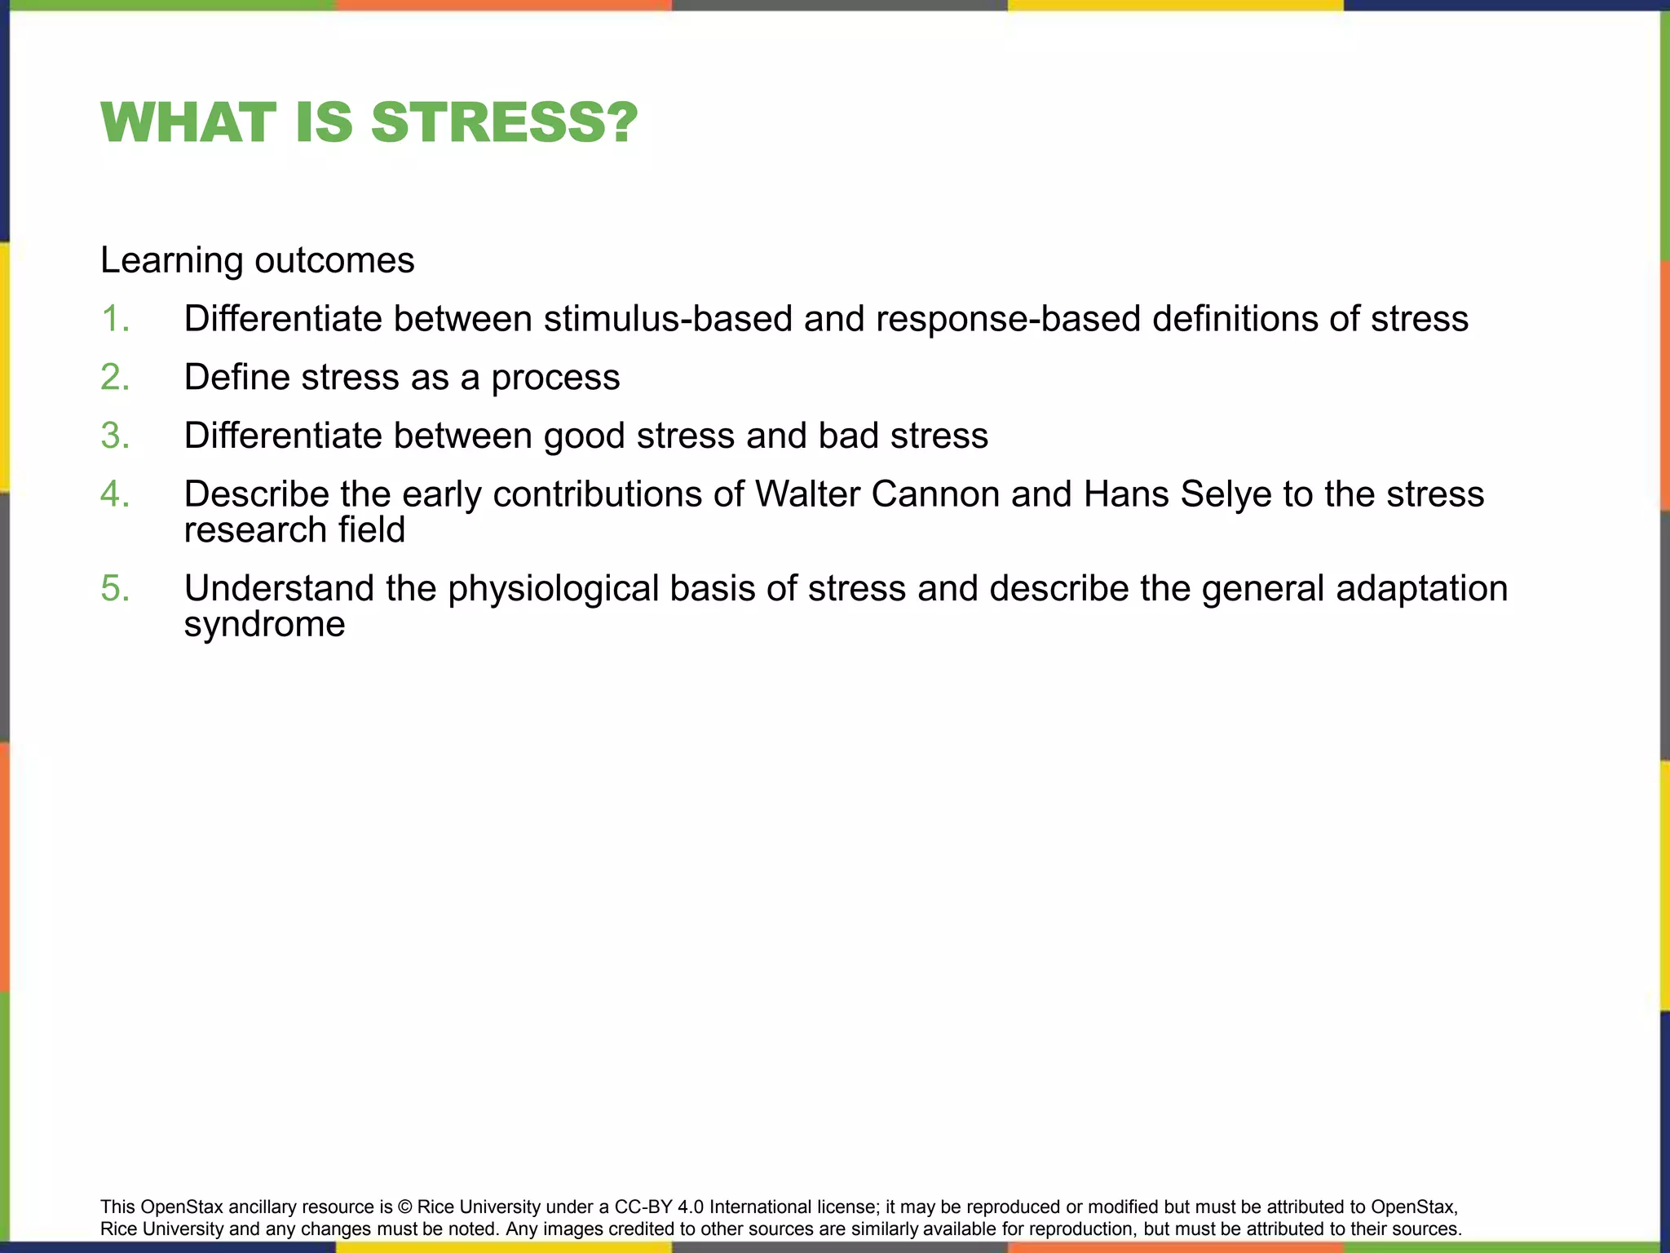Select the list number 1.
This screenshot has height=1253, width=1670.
115,319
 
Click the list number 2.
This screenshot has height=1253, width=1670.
115,378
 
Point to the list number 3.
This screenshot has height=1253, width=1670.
115,436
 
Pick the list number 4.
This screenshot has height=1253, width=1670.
115,494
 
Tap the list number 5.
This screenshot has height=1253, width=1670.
115,588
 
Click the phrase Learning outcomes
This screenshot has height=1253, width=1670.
258,261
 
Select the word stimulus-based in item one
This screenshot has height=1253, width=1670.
668,319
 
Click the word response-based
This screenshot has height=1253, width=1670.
1008,319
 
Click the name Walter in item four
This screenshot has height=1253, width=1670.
807,494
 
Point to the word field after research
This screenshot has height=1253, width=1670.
376,530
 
